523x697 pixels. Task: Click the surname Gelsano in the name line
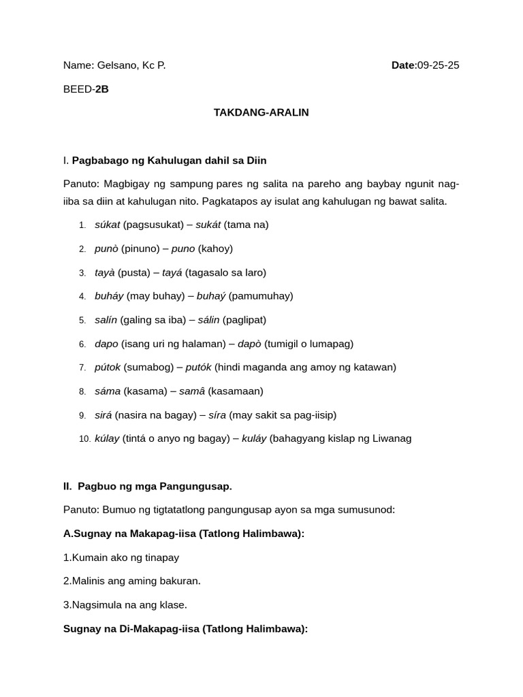[x=117, y=65]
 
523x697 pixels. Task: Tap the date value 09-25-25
[x=438, y=65]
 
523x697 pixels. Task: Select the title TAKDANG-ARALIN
[x=261, y=112]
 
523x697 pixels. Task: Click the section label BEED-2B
[x=86, y=89]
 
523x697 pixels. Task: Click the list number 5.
[x=82, y=320]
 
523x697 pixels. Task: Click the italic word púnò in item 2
[x=107, y=248]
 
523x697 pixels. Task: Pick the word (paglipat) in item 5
[x=244, y=320]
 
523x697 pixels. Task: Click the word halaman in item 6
[x=203, y=344]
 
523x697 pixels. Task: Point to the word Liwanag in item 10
[x=390, y=438]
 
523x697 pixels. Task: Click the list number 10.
[x=84, y=439]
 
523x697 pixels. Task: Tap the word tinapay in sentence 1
[x=162, y=557]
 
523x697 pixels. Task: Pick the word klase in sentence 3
[x=172, y=604]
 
